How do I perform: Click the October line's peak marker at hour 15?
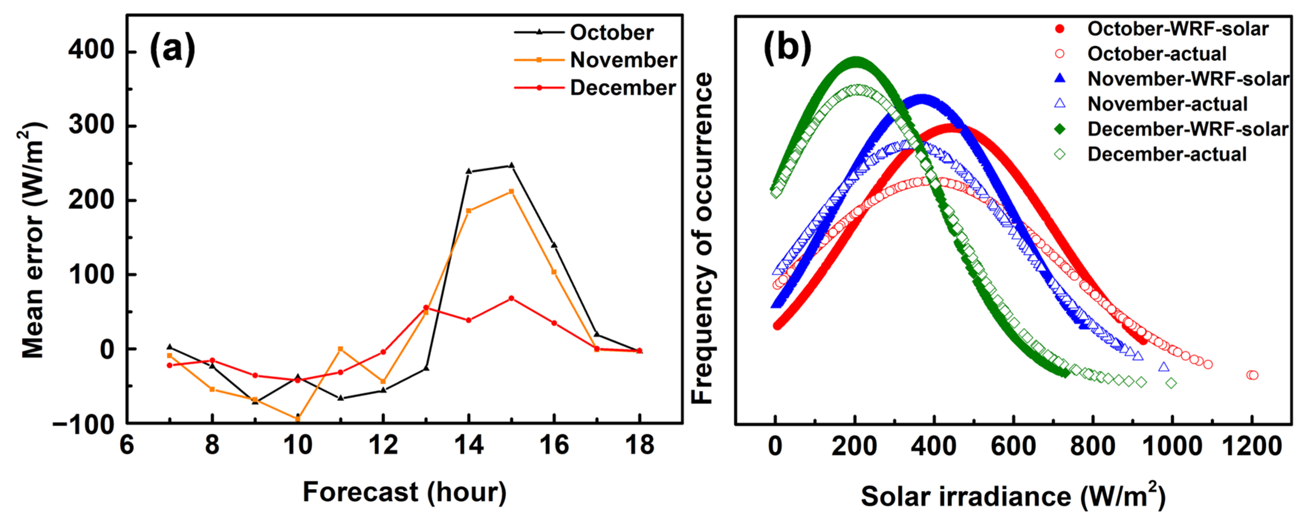click(x=511, y=165)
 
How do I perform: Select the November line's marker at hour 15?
click(x=511, y=192)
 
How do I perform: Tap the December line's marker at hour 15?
click(x=511, y=298)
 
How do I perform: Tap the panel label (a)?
click(x=172, y=48)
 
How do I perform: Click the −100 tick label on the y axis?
click(x=84, y=424)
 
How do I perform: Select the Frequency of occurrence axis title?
click(x=703, y=238)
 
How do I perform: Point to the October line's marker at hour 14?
click(x=468, y=171)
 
